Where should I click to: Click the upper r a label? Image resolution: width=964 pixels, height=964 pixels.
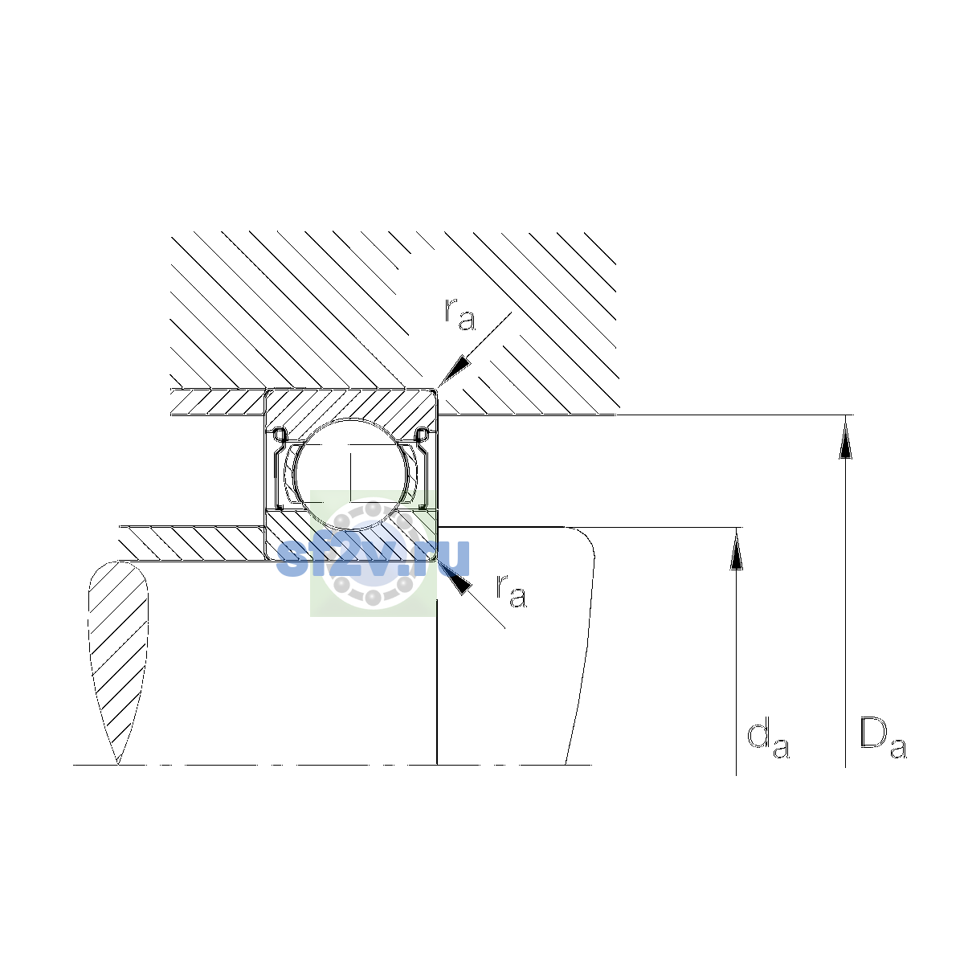click(x=460, y=315)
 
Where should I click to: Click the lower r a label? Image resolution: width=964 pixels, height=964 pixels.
click(x=511, y=591)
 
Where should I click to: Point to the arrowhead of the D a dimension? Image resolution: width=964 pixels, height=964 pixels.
click(x=845, y=439)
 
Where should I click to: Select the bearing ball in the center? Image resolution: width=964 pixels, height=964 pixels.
click(x=351, y=474)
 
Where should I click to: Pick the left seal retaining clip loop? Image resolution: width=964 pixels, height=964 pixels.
click(x=279, y=435)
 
